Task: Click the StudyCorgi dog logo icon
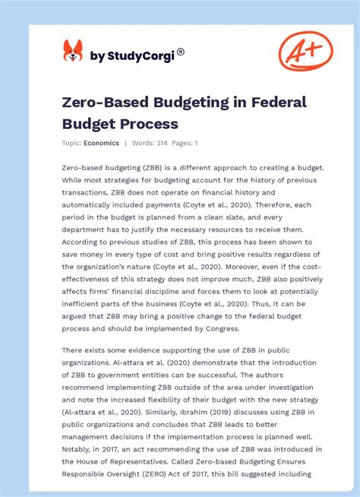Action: point(73,51)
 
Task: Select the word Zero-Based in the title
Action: point(99,103)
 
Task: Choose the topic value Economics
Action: point(102,143)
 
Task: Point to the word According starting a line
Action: point(84,242)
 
